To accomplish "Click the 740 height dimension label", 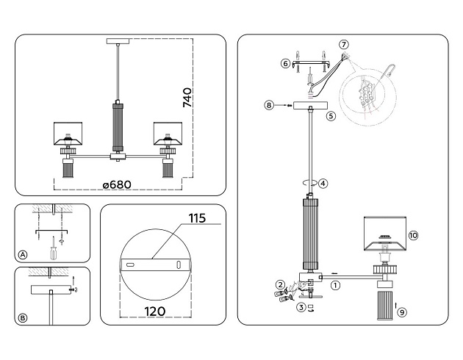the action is (187, 98).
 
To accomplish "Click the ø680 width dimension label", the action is (117, 184).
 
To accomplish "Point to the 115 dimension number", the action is (197, 218).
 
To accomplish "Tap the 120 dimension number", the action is (155, 312).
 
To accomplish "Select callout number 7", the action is (343, 45).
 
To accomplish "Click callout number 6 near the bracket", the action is (285, 63).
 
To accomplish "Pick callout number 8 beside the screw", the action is (269, 105).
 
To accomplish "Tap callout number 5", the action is (331, 115).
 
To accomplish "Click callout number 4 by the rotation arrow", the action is (323, 183).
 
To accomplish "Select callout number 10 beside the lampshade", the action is (413, 236).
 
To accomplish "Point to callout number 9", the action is (402, 312).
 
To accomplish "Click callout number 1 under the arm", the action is (335, 285).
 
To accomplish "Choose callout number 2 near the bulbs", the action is (280, 285).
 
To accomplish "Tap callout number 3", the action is (301, 308).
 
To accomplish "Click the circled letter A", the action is (23, 255).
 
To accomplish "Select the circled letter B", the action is (23, 318).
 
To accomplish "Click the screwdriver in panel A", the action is (53, 248).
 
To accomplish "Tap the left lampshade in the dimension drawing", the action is (68, 134).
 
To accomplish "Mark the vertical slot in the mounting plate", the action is (179, 264).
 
